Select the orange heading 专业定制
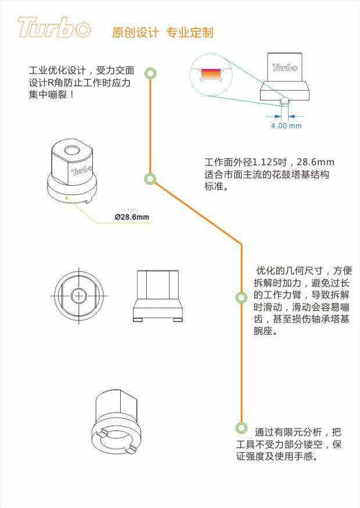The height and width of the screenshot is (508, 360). (190, 33)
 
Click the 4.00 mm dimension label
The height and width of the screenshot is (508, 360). (286, 125)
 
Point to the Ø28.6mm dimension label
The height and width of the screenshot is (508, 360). (132, 217)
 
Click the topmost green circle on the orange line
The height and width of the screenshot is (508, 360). (151, 73)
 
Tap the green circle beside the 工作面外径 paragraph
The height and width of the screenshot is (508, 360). (150, 179)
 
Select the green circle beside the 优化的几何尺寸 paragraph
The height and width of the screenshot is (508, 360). (241, 297)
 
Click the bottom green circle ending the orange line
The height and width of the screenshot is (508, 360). (241, 428)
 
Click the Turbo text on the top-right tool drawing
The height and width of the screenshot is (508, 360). (284, 67)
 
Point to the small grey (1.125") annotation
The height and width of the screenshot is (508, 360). (129, 209)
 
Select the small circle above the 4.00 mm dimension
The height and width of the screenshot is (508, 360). (283, 102)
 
